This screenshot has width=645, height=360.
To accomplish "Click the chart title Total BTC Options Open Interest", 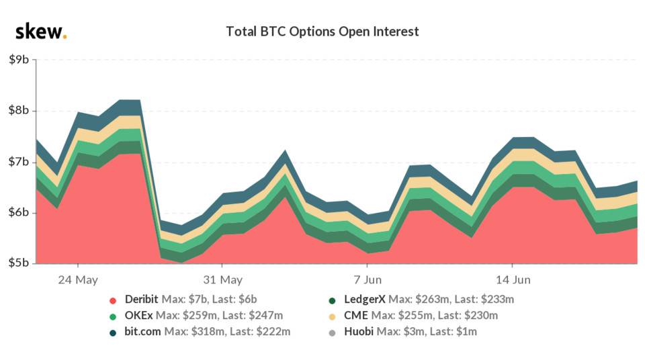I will click(x=322, y=32).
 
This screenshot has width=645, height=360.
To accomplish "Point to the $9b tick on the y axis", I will click(x=18, y=60).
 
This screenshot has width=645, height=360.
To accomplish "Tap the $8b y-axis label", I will click(x=18, y=111).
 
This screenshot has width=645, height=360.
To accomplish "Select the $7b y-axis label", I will click(x=18, y=162).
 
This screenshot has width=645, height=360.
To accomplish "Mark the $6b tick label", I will click(x=18, y=213).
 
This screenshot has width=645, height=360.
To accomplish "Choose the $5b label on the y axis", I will click(x=18, y=263).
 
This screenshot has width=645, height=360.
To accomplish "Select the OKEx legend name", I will click(x=136, y=316).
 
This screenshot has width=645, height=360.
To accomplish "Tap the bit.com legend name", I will click(x=141, y=332).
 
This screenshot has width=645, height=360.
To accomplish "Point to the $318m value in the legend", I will click(x=204, y=332).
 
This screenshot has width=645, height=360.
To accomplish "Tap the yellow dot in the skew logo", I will click(x=64, y=37).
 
